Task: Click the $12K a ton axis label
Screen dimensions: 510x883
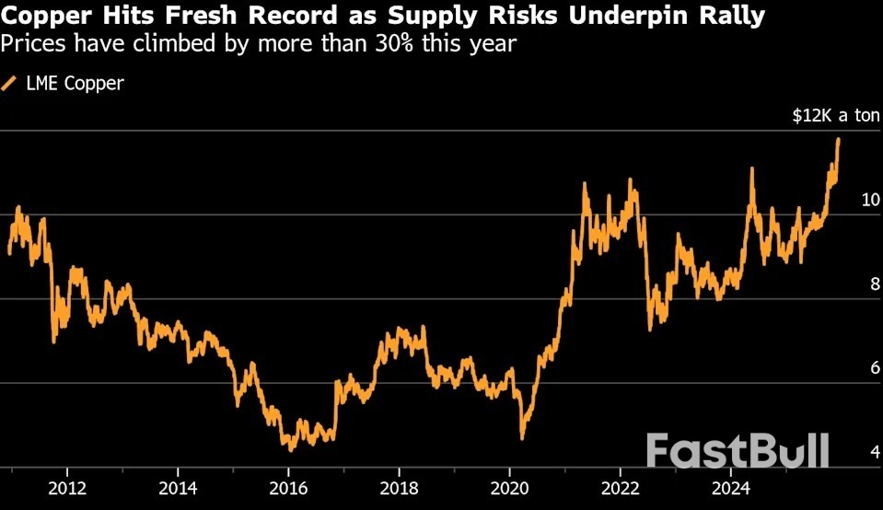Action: (x=836, y=116)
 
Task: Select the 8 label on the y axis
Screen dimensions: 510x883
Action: (x=863, y=284)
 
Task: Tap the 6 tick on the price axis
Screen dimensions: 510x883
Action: (x=863, y=368)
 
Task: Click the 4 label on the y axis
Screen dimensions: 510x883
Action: (x=863, y=452)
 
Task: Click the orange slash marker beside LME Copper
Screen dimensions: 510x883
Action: (x=10, y=84)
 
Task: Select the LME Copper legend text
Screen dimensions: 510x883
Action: (x=75, y=84)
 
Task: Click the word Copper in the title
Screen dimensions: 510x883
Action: (x=47, y=17)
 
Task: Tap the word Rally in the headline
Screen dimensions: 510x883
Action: (x=732, y=17)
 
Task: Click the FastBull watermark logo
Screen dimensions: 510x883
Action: (x=737, y=451)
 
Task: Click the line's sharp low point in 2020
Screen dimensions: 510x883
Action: (x=522, y=437)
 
